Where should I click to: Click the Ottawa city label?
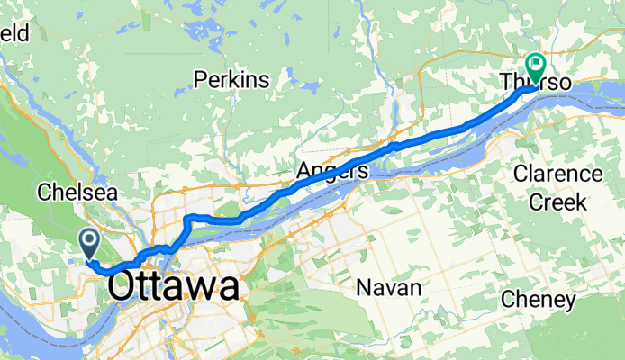pos(174,287)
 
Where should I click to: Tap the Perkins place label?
pos(231,80)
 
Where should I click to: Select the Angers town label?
pos(332,171)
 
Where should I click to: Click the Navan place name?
pos(388,288)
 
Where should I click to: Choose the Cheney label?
pos(538,299)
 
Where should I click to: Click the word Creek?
pos(557,202)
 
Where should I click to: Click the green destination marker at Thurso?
pos(537,65)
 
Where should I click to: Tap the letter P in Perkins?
pos(201,80)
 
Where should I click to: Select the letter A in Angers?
pos(303,171)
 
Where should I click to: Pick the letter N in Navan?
pos(362,288)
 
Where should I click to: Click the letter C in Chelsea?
pos(43,193)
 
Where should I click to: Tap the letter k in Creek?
pos(581,202)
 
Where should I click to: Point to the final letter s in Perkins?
pos(264,80)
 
